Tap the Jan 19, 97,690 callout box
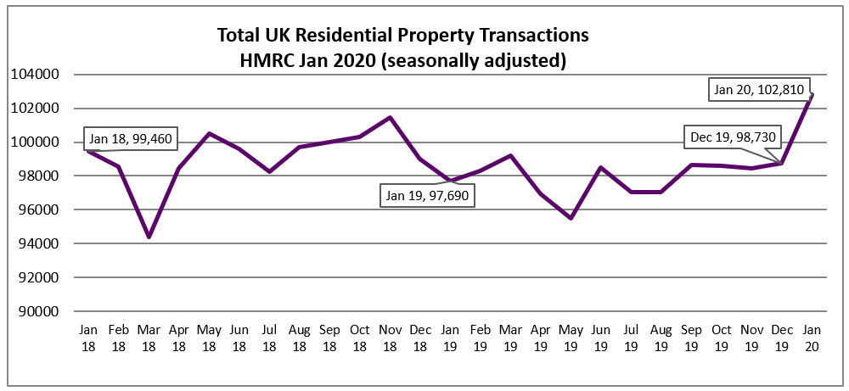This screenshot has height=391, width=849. (428, 195)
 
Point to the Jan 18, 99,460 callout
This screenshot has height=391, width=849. (130, 138)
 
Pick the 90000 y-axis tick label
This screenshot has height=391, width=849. (37, 311)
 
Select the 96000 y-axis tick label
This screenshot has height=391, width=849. (37, 209)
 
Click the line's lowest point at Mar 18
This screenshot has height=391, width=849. (149, 237)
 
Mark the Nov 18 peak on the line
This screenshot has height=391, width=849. (389, 117)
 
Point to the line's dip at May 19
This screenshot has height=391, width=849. (570, 218)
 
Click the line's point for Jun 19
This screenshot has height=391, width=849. (600, 167)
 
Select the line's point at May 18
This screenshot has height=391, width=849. (209, 133)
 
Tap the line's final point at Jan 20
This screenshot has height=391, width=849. (811, 94)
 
